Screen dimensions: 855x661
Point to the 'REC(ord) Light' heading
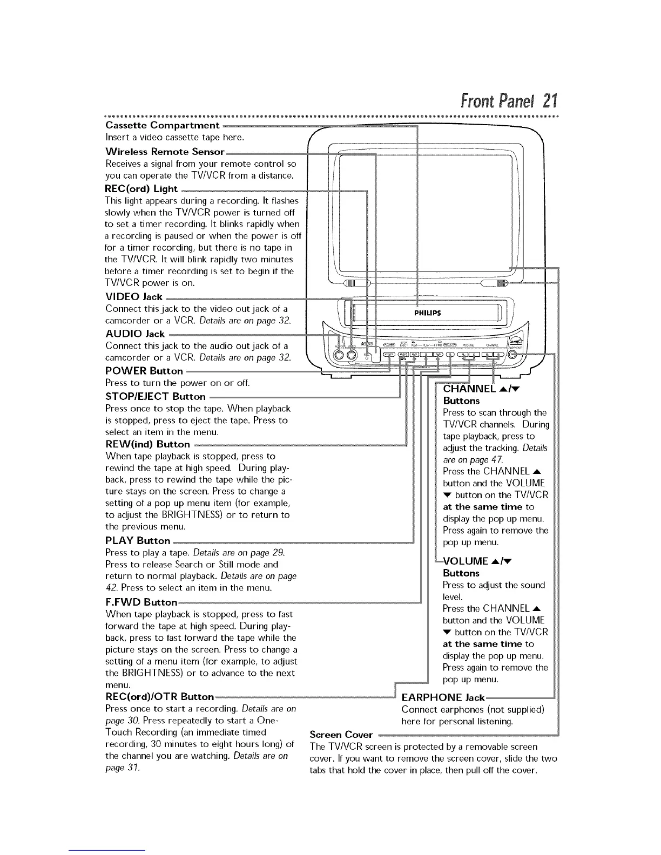pos(141,188)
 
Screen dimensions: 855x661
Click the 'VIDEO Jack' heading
pos(134,297)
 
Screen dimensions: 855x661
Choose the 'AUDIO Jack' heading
pos(135,334)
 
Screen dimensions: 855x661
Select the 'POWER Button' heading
pos(144,371)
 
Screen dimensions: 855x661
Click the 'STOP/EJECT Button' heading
pos(156,396)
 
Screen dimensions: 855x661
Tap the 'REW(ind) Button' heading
pos(147,444)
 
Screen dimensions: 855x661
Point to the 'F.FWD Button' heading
pos(141,602)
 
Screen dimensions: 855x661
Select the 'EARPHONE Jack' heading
pos(443,697)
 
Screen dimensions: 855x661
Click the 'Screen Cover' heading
pos(341,735)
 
